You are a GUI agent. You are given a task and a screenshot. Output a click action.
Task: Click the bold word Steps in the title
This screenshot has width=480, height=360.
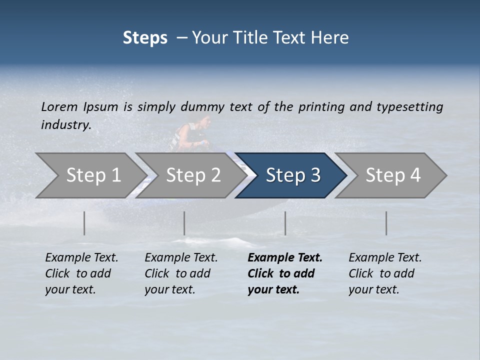point(145,37)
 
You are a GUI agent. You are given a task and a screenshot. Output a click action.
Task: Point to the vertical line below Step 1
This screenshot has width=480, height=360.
point(84,223)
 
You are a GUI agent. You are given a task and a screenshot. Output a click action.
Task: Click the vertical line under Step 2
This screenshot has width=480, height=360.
point(184,223)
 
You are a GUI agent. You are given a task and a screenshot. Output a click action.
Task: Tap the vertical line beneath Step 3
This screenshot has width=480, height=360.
point(285,223)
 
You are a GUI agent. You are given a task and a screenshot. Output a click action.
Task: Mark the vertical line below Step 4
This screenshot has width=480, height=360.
point(386,223)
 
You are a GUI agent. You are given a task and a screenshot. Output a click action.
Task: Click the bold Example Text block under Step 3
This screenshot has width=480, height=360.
point(284,273)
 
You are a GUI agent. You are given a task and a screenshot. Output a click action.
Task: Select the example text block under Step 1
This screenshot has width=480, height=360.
point(81,273)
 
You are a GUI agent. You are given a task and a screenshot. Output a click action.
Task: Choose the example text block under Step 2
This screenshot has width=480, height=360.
point(181,273)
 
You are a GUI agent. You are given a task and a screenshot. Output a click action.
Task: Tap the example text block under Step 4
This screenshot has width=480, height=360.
point(385,273)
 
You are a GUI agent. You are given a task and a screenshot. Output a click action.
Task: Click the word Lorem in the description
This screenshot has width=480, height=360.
point(59,106)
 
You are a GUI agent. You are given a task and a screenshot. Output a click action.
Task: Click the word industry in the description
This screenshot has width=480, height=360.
point(65,125)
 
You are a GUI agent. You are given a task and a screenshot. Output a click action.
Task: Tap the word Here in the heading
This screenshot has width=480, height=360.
point(331,37)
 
